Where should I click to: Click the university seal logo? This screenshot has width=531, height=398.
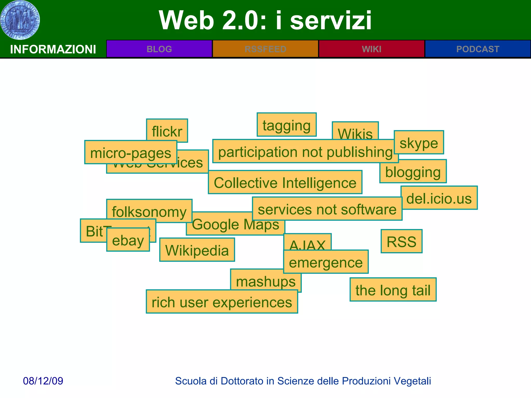(20, 20)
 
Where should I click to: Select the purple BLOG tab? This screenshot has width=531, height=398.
(159, 49)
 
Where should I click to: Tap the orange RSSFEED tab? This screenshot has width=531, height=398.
(265, 49)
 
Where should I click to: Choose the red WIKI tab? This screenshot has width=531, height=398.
(372, 49)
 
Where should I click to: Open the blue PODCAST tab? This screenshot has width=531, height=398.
(478, 49)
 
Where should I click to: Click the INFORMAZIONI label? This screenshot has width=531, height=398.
(53, 49)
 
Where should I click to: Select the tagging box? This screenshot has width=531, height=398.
(287, 125)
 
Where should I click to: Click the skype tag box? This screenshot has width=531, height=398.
(419, 143)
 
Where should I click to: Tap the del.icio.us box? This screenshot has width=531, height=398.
(439, 198)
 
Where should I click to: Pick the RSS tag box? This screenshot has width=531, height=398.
(401, 241)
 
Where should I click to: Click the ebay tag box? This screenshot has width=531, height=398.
(128, 240)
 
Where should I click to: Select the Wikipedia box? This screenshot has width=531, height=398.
(197, 250)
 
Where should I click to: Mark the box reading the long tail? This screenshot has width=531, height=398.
(393, 290)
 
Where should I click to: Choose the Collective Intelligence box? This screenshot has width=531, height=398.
(285, 182)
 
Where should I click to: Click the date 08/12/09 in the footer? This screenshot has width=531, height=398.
(43, 381)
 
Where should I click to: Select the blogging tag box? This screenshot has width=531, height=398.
(413, 172)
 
